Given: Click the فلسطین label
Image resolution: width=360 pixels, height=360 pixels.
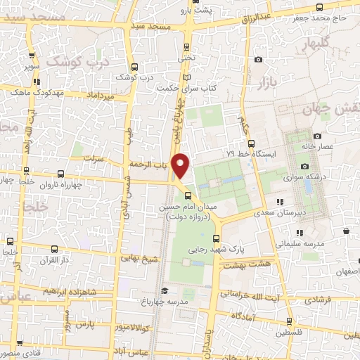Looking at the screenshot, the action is point(291,332).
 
